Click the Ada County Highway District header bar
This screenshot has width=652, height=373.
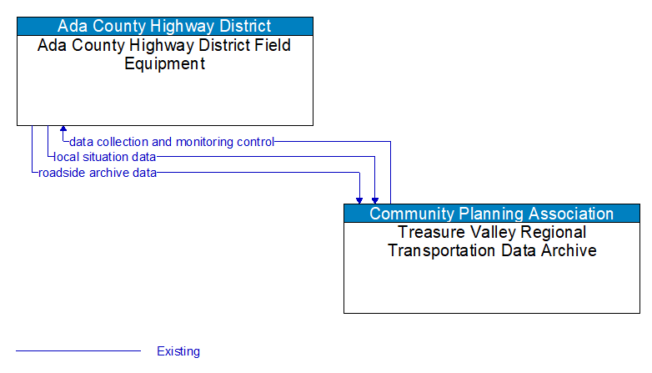click(165, 26)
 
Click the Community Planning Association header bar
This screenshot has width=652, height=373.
click(492, 214)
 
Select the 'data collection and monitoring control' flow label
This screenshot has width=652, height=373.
click(172, 142)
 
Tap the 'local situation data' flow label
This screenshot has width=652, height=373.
click(105, 157)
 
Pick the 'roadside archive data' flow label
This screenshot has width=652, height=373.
click(98, 173)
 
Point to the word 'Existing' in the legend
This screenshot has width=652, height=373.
click(178, 351)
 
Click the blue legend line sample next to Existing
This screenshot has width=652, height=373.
click(78, 351)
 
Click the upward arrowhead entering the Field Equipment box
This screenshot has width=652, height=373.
click(63, 131)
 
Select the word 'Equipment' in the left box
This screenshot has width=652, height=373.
click(165, 63)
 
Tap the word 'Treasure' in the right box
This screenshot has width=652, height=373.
click(432, 232)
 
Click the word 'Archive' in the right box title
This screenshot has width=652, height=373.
click(569, 250)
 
